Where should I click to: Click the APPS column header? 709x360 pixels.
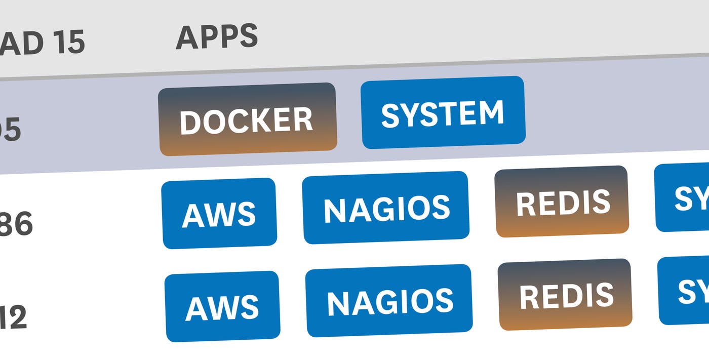217,36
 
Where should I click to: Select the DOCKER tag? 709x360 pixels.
247,119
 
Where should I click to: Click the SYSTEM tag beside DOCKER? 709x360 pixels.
443,112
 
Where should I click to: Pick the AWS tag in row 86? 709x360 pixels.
219,213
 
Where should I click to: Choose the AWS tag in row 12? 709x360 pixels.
222,306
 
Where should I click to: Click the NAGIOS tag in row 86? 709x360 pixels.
386,208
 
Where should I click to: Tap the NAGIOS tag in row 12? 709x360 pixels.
389,301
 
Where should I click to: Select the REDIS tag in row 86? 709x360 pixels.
562,202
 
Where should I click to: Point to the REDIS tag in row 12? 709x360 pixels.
565,295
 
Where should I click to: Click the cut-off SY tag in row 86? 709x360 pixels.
684,197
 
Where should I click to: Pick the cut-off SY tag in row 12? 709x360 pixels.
686,291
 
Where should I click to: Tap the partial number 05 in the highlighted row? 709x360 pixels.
10,131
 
